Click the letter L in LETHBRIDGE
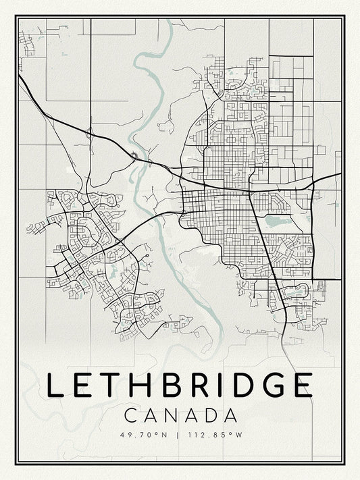click(55, 384)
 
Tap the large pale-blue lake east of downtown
click(275, 220)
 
